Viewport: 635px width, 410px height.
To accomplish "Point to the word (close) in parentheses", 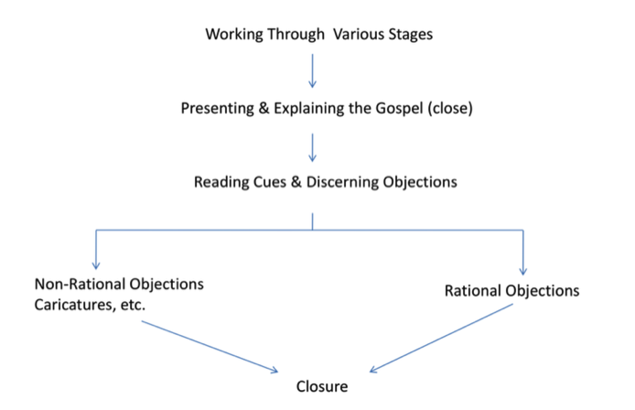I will pos(448,108).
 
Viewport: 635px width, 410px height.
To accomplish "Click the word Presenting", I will pos(216,108).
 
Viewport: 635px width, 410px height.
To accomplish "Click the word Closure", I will pos(322,386).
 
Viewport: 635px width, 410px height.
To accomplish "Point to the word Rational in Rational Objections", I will pos(473,291).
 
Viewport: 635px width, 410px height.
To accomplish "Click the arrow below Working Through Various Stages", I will pos(313,70).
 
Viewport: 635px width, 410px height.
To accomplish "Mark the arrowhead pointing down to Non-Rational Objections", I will pos(95,264).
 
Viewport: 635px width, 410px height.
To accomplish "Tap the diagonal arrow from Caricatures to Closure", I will pos(210,348).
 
